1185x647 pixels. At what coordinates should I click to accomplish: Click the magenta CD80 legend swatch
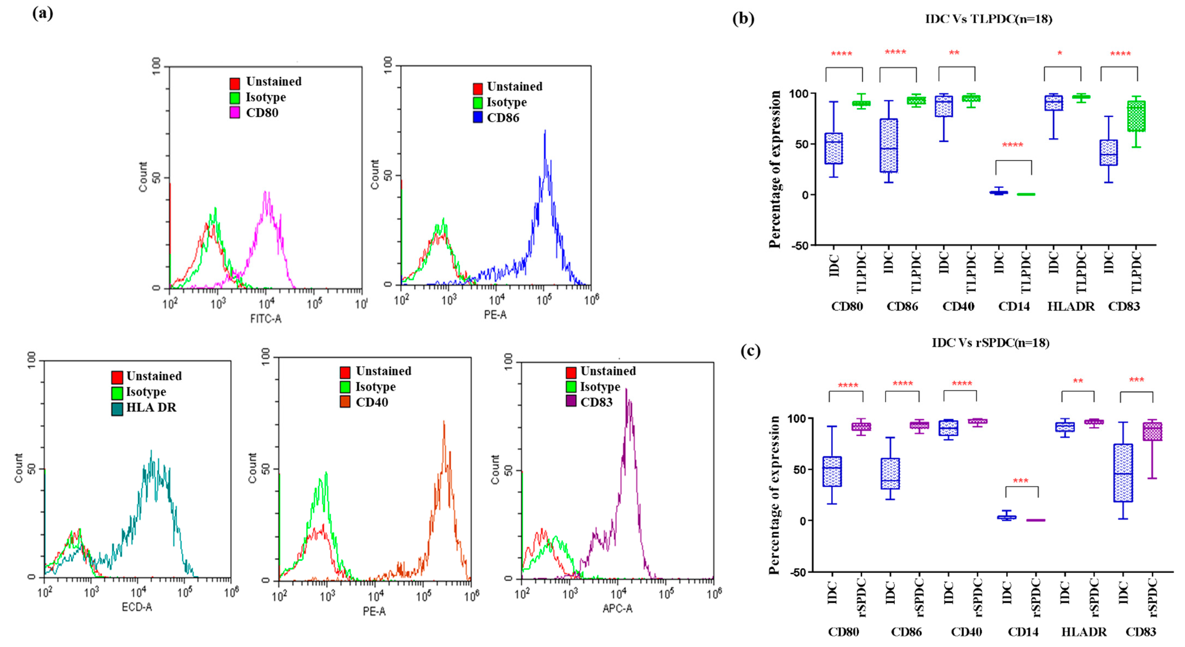point(235,113)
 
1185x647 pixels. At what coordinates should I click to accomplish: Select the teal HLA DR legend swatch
point(117,408)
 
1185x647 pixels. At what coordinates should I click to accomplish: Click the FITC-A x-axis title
point(266,318)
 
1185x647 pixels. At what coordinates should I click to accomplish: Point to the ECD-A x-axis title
point(137,607)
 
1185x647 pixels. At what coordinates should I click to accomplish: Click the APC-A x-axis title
point(617,608)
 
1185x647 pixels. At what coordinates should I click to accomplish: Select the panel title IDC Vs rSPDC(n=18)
point(990,343)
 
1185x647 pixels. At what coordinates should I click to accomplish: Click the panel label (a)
point(43,13)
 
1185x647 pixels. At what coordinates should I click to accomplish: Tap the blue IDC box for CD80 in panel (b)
point(834,148)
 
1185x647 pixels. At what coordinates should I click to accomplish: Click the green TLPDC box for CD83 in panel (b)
point(1136,117)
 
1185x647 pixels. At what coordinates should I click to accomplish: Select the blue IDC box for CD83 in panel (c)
point(1123,472)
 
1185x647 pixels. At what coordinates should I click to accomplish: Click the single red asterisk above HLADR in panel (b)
point(1060,54)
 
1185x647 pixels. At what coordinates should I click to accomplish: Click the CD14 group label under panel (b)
point(1014,306)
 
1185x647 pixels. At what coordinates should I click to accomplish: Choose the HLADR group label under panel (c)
point(1084,632)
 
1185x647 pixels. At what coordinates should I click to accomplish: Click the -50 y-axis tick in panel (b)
point(799,246)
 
